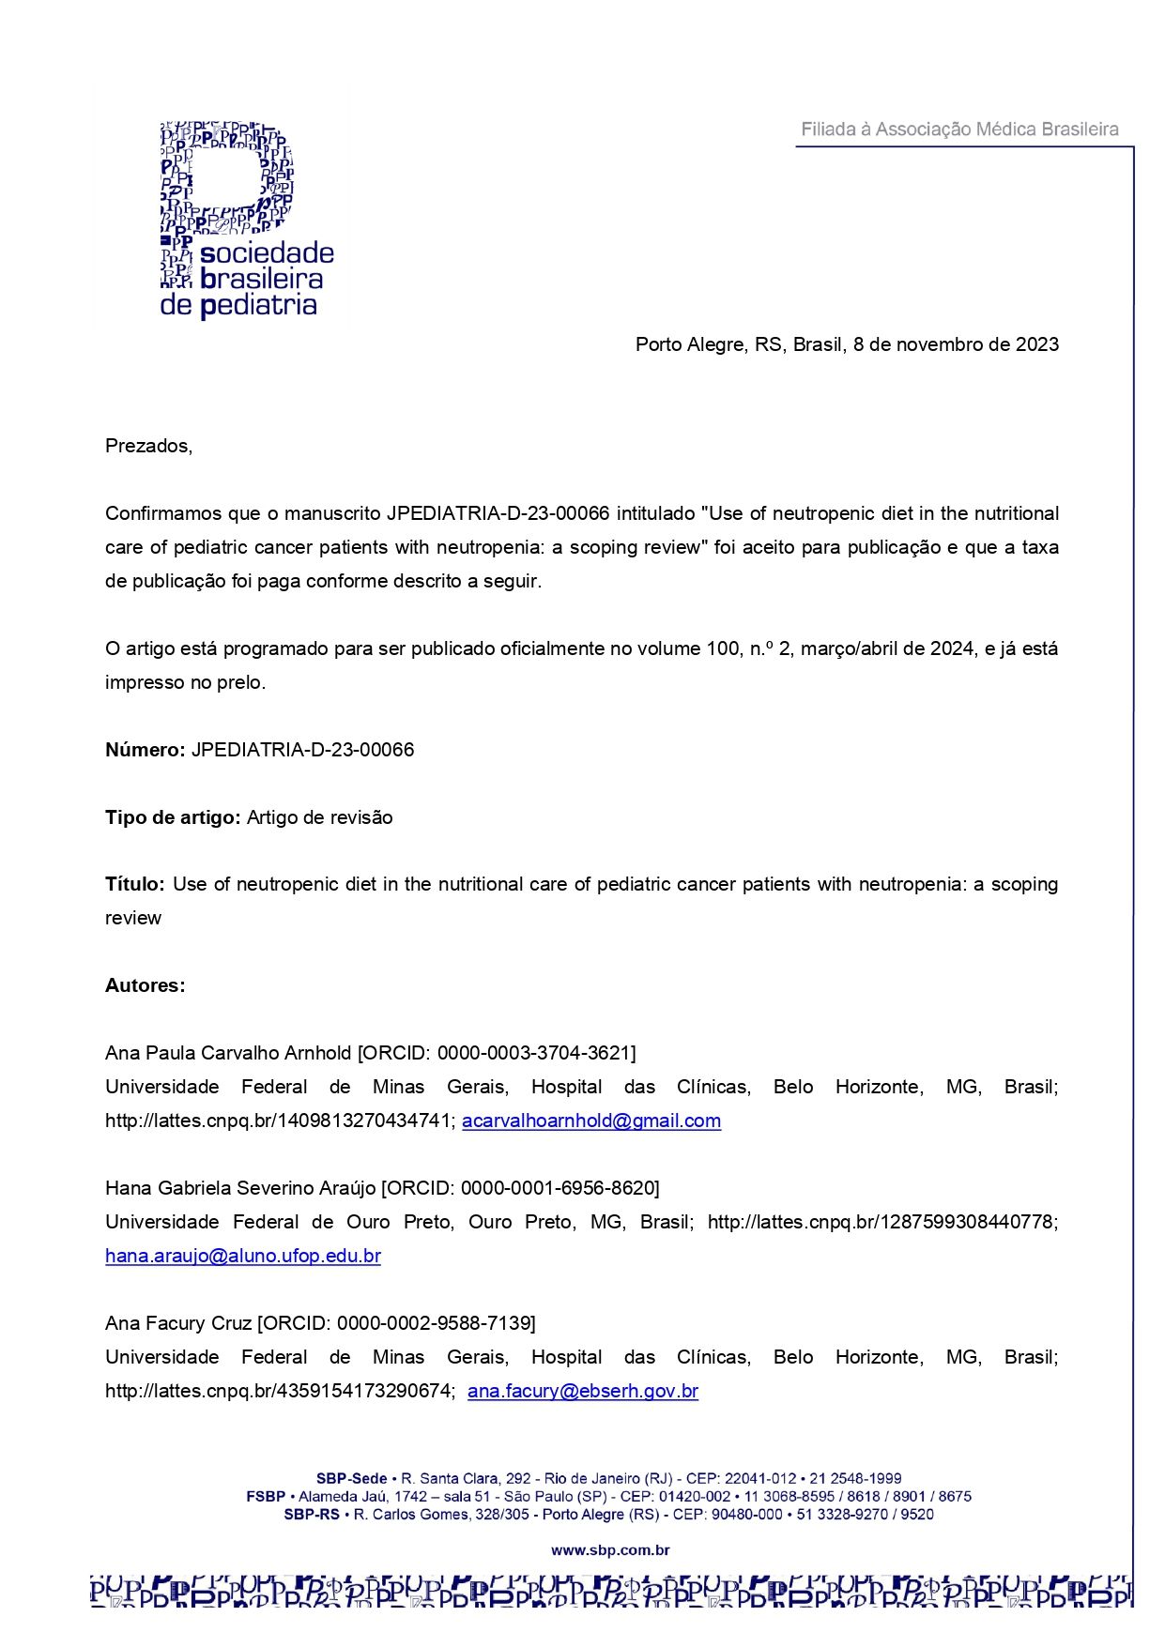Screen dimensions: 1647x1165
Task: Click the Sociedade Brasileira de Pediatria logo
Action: (246, 220)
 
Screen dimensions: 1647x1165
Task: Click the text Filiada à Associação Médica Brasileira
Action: (958, 130)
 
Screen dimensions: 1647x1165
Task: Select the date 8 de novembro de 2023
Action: (956, 344)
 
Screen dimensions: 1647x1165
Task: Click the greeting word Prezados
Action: (148, 446)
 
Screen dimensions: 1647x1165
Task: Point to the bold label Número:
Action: (146, 750)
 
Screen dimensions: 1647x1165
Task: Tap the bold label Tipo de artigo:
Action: (173, 817)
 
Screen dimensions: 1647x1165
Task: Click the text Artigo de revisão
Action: (319, 817)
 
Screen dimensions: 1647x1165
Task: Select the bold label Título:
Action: (134, 884)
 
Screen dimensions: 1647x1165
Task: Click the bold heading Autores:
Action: (146, 985)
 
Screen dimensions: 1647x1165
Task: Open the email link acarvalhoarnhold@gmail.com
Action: (591, 1121)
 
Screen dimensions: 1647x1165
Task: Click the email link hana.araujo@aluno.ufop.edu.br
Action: (243, 1256)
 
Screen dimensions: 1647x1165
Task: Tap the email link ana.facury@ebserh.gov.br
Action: (583, 1391)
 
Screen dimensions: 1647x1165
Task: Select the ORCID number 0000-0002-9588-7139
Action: (434, 1323)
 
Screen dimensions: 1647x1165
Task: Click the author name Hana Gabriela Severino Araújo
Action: (240, 1188)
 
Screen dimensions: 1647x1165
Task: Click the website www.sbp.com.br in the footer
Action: (610, 1550)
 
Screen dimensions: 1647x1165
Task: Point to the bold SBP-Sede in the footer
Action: (351, 1478)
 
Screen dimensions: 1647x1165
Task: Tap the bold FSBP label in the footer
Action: (266, 1496)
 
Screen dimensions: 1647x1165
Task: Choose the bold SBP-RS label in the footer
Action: (312, 1514)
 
